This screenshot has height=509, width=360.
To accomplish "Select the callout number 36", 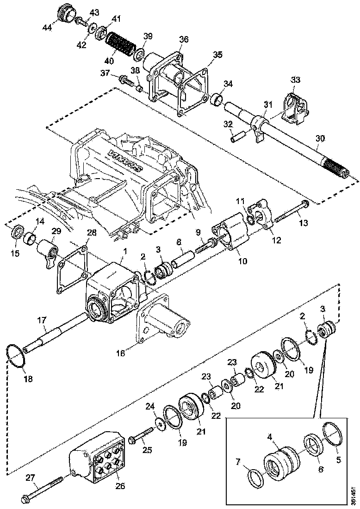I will tap(184, 40).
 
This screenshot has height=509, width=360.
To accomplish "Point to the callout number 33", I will tap(295, 80).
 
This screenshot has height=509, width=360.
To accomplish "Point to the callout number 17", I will tap(41, 319).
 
